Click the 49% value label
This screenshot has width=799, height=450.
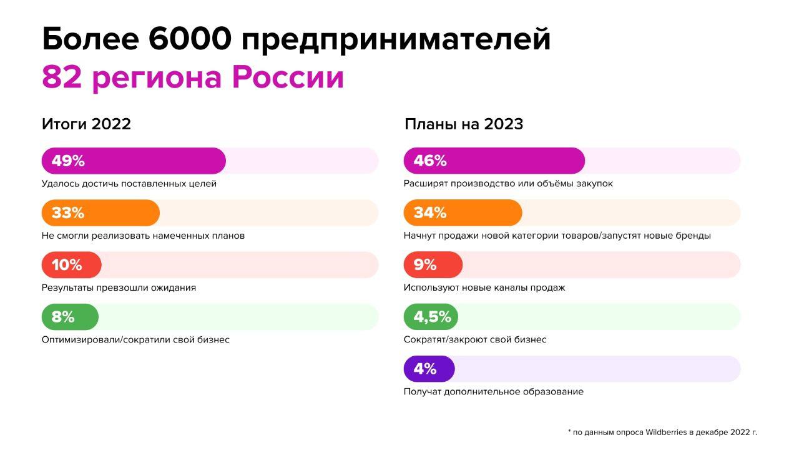coord(68,161)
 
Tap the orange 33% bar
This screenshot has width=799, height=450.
coord(100,213)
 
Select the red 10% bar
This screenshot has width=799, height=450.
coord(71,264)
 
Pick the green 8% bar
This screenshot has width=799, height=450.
coord(70,317)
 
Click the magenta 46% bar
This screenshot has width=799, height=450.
coord(494,161)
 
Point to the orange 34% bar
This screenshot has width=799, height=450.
coord(463,213)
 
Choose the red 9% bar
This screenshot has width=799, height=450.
coord(433,264)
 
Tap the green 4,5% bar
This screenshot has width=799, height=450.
coord(431,317)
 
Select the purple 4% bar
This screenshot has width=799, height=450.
coord(429,369)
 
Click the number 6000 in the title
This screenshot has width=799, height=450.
coord(190,39)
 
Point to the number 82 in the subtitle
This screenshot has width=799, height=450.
coord(62,77)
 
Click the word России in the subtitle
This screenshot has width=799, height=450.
coord(288,77)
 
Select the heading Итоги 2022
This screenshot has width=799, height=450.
coord(86,124)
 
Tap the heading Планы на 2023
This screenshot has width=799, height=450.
coord(464,124)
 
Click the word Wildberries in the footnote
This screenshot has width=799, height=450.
coord(666,432)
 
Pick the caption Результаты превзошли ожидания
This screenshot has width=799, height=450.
coord(119,288)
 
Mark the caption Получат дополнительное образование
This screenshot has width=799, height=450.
coord(494,392)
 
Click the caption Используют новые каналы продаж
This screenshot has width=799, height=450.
coord(484,288)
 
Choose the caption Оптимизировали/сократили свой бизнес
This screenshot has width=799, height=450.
coord(135,339)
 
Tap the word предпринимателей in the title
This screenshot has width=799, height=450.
coord(396,40)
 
